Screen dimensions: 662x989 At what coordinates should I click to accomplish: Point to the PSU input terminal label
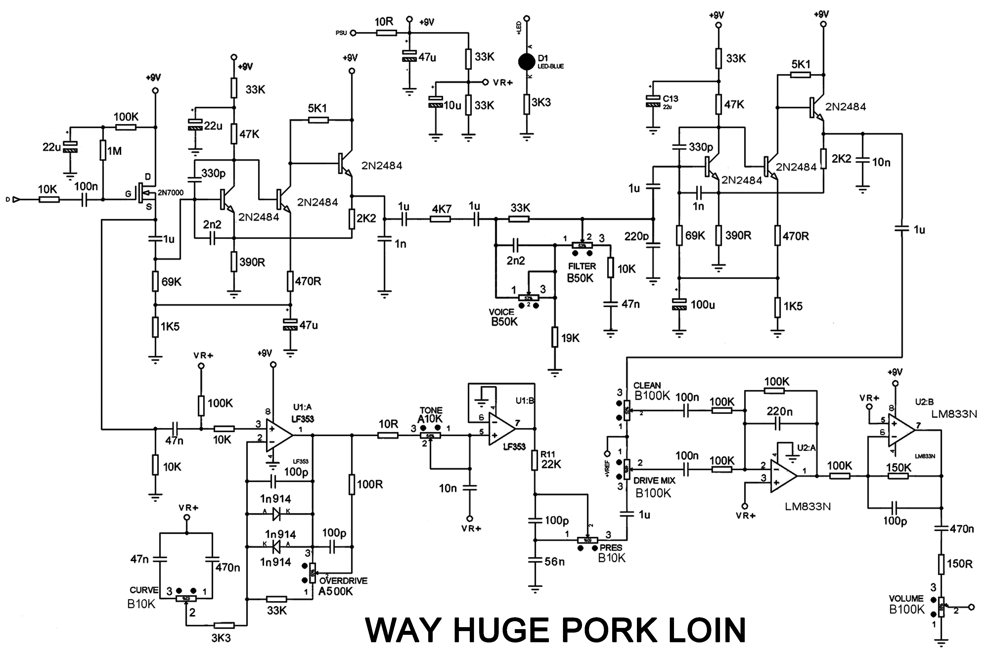341,33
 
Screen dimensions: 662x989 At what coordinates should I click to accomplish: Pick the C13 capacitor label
670,99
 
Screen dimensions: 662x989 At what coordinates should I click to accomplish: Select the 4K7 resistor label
441,209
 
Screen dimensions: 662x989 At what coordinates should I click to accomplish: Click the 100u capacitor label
702,304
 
